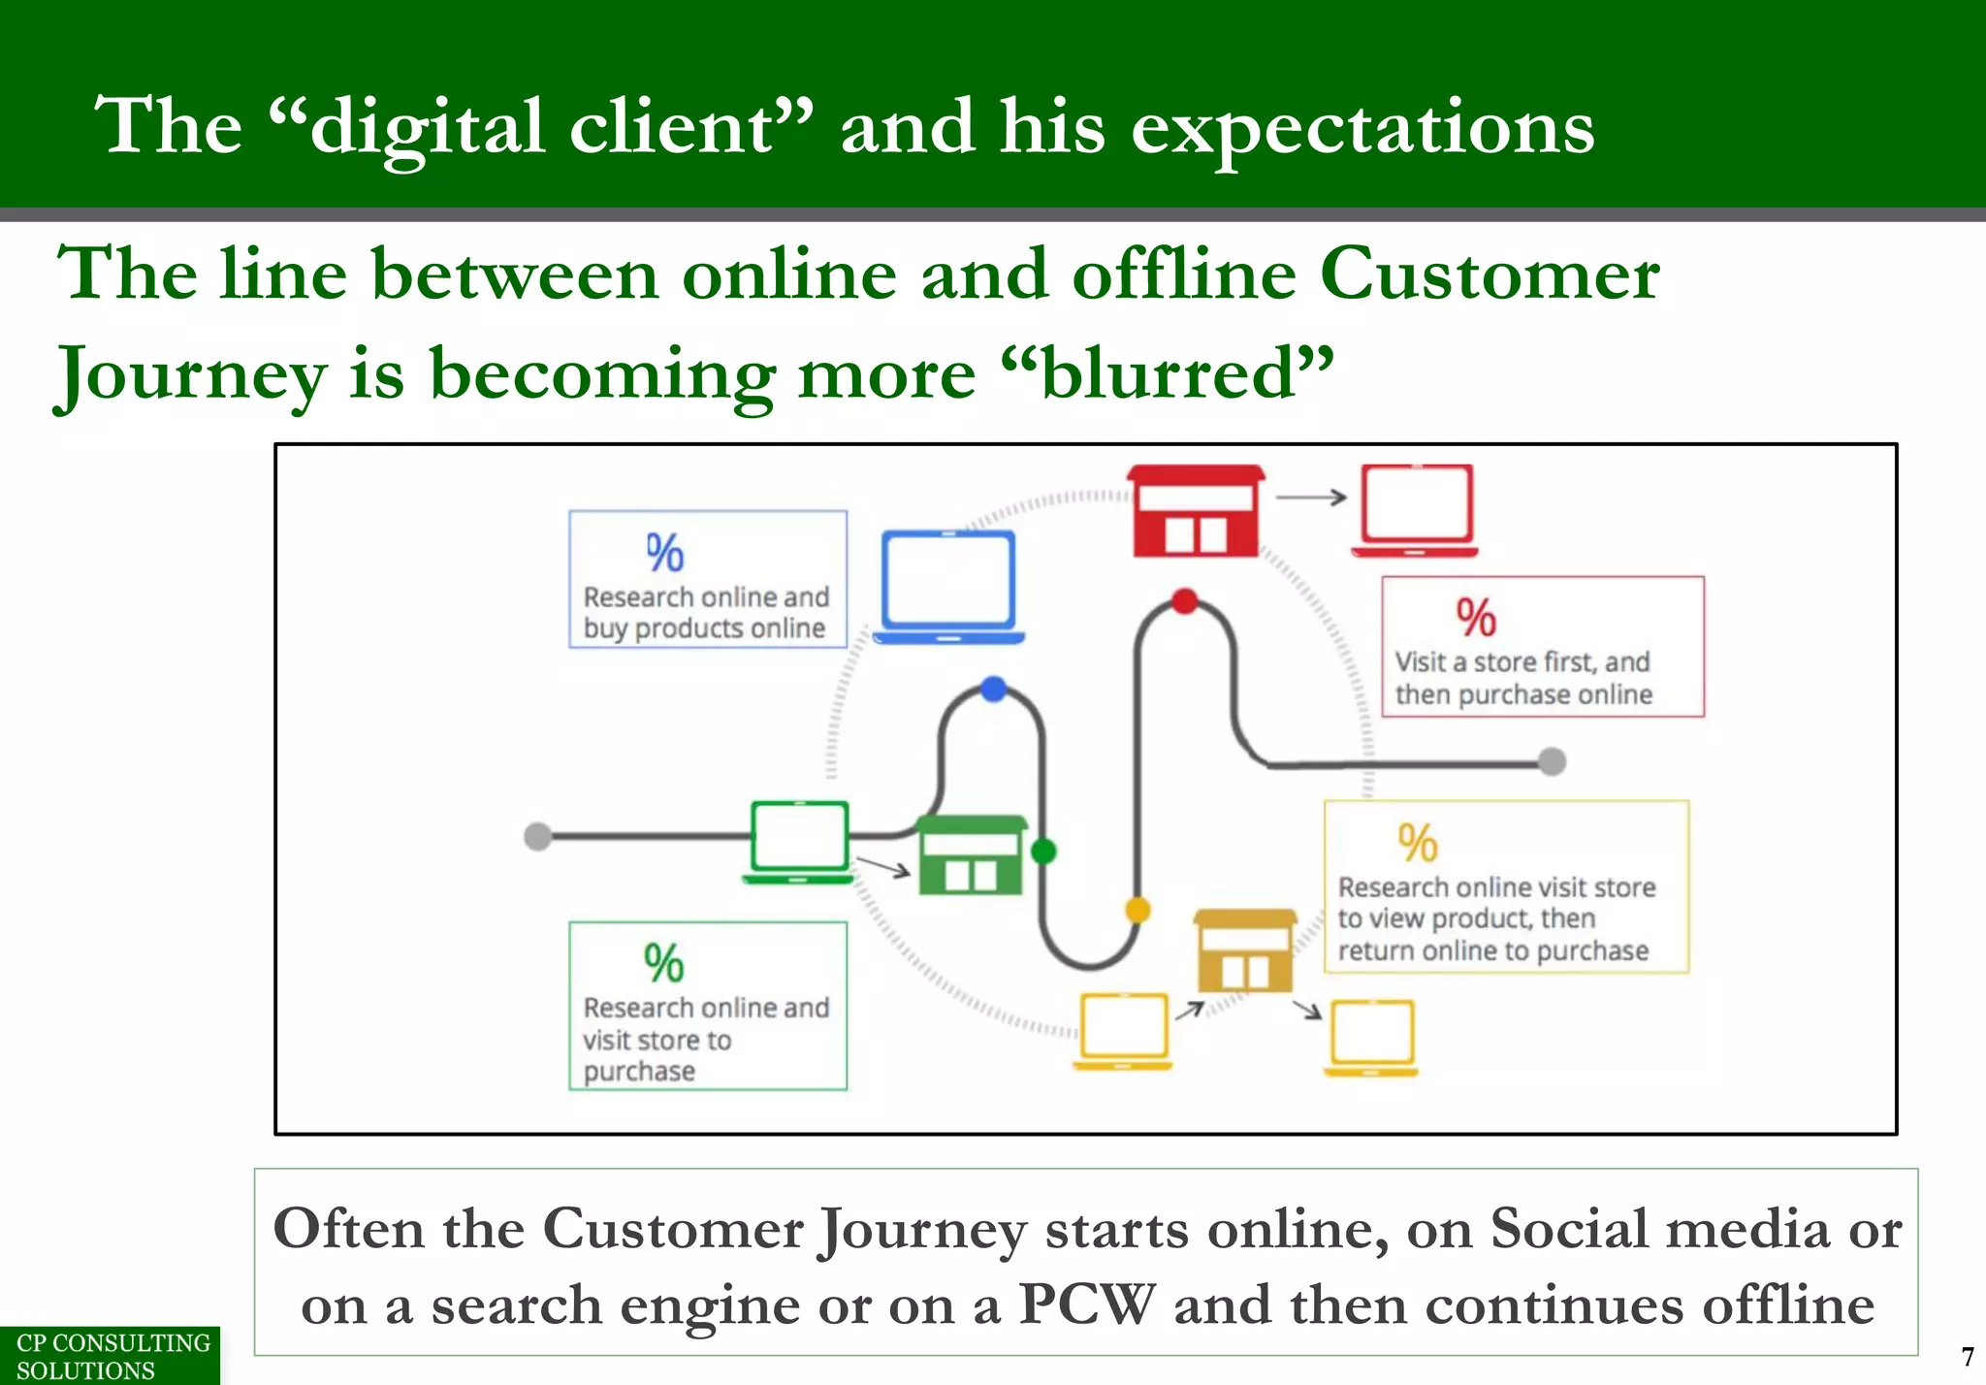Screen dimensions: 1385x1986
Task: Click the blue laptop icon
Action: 948,587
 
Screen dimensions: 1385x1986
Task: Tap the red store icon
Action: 1196,512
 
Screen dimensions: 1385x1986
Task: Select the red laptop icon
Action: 1416,510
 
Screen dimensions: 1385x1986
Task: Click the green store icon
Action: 971,855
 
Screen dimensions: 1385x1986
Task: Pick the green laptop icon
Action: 799,841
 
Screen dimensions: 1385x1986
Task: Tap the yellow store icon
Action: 1245,950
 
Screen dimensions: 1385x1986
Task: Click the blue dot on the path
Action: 994,690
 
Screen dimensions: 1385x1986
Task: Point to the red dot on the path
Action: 1184,601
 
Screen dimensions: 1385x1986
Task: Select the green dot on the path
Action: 1043,852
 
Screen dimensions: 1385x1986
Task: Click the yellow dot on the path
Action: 1137,910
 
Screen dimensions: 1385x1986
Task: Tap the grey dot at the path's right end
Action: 1552,761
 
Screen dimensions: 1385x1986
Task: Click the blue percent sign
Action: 665,553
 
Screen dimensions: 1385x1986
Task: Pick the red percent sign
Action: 1476,618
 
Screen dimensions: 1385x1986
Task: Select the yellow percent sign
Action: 1418,843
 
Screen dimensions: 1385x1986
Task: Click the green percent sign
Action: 664,963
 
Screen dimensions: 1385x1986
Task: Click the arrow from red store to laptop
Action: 1310,498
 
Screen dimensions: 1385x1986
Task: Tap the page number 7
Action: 1967,1356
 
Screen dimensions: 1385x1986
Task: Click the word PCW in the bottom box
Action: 1087,1304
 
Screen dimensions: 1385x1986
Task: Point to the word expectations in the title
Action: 1361,128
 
